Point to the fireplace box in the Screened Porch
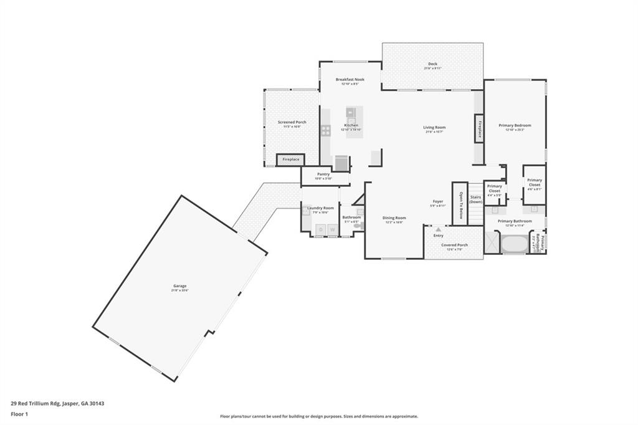coord(290,160)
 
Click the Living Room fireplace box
coord(479,129)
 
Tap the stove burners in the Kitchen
coord(325,130)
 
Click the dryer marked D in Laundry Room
coord(321,230)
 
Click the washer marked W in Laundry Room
coord(332,230)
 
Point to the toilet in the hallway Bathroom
coord(358,226)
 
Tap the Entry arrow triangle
coord(438,229)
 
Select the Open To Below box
coord(460,204)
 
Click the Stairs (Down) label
coord(475,199)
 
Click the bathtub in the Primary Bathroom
coord(514,244)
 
